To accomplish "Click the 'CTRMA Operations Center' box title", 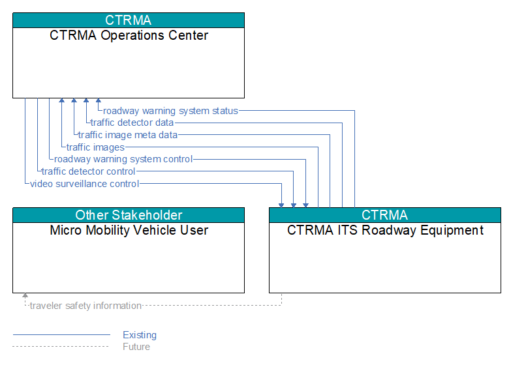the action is point(129,35).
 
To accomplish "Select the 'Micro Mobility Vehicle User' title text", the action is point(129,230).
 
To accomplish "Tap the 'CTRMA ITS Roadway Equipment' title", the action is point(385,230).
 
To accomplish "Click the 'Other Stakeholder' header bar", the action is point(129,215).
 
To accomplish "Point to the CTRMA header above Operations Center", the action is point(129,20).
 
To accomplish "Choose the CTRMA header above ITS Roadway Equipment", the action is point(385,215).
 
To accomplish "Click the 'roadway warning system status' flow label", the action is point(170,111).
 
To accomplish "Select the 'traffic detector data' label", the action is point(132,123).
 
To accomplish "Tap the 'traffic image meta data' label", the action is point(128,135).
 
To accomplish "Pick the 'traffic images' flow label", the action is point(95,147).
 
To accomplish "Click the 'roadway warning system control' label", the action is point(123,159).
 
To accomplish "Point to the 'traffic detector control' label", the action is point(88,171).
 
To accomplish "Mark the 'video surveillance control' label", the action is point(84,184).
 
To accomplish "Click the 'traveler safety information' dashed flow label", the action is point(85,306).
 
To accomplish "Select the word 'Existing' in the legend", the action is point(140,335).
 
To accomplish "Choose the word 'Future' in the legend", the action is point(136,347).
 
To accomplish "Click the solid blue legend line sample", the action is point(61,334).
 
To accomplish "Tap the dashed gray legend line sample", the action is point(61,347).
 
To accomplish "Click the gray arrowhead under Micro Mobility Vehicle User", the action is point(25,295).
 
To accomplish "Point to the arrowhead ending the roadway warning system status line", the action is point(99,100).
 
